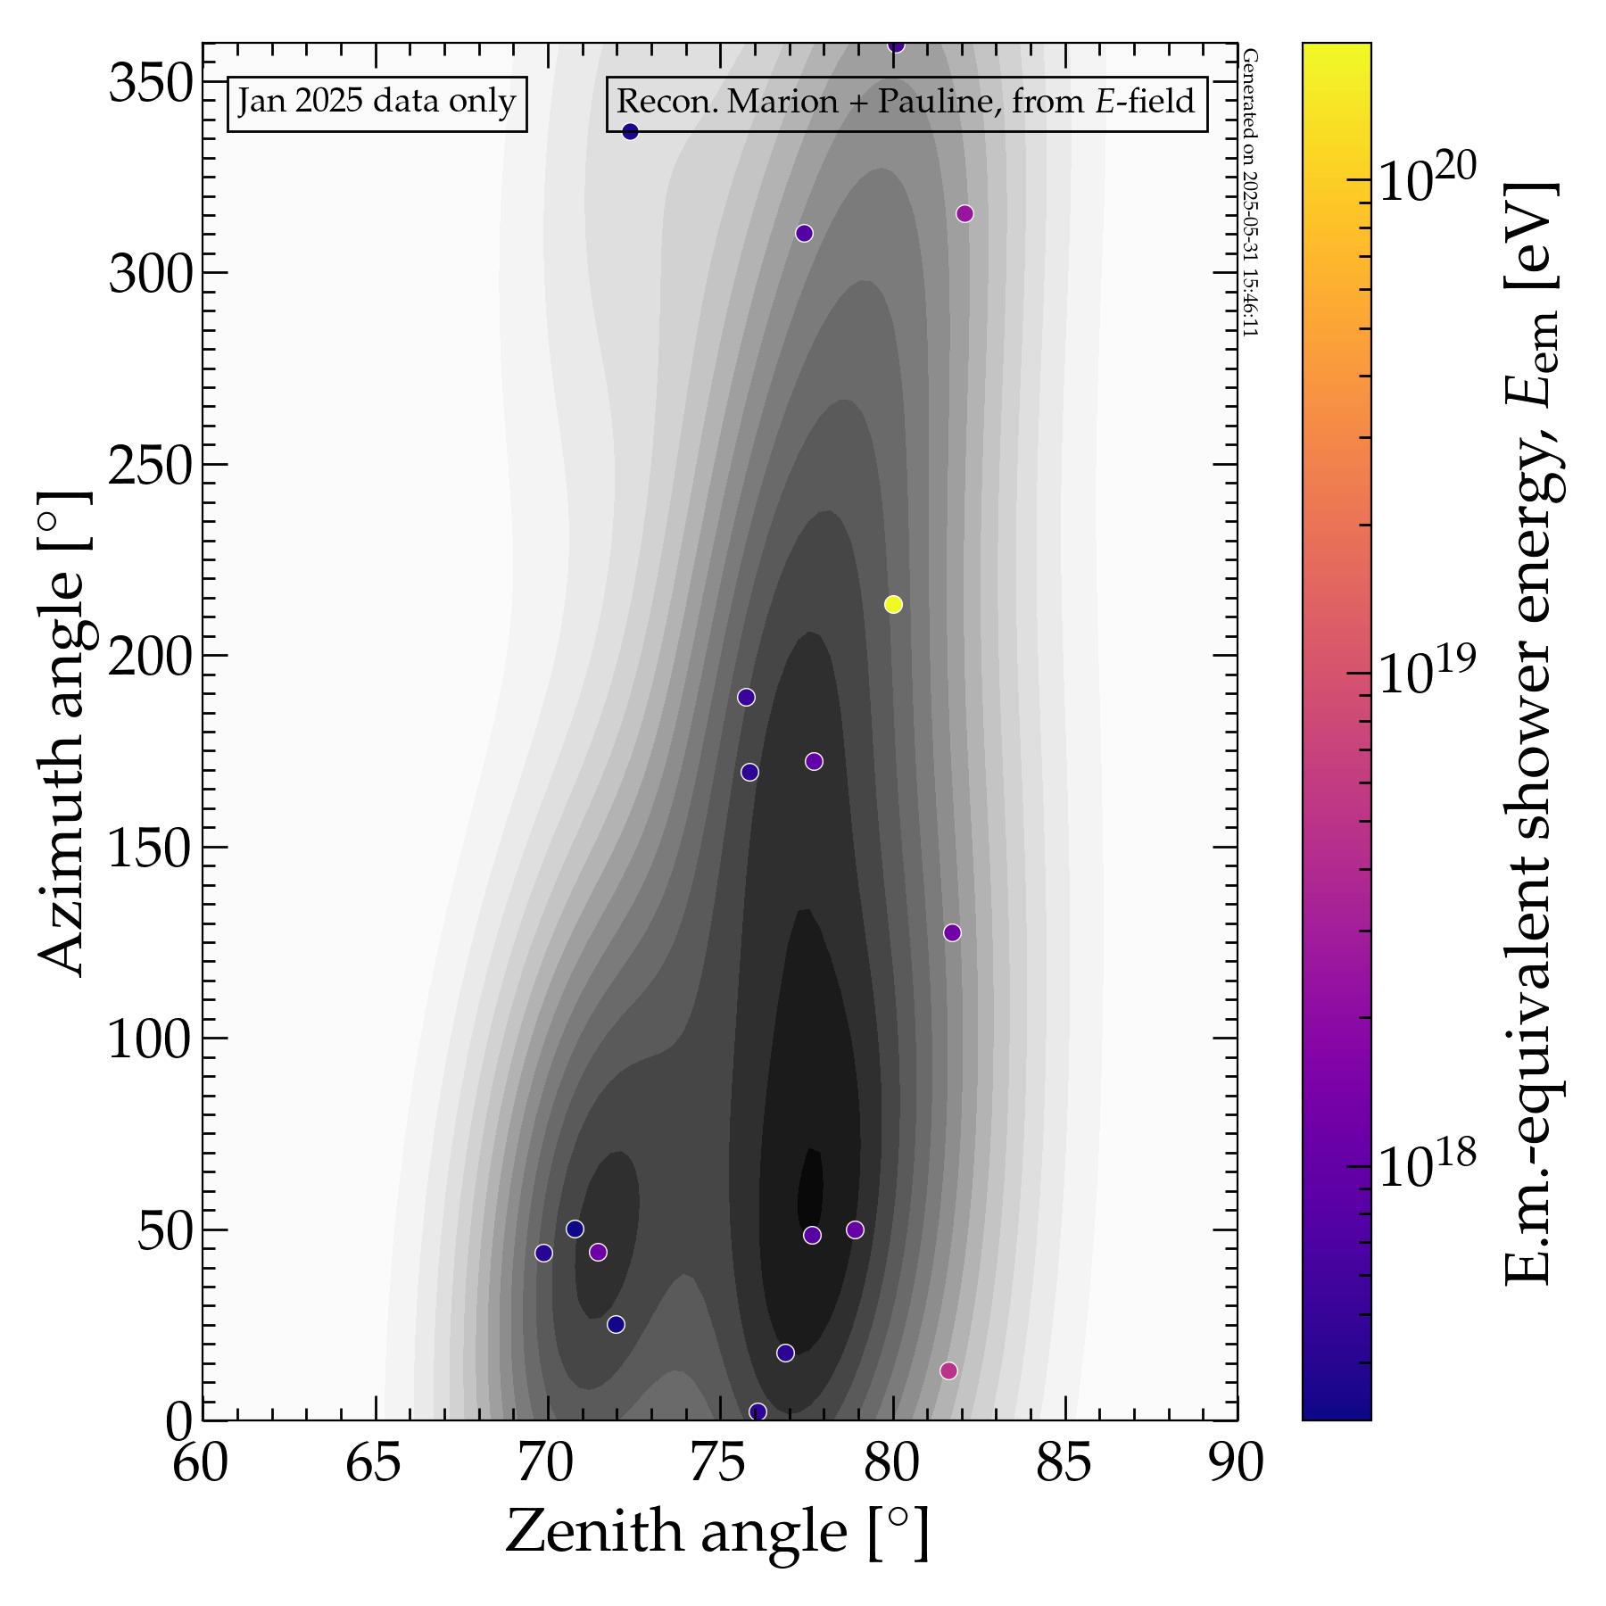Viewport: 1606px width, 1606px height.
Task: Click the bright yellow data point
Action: [x=893, y=605]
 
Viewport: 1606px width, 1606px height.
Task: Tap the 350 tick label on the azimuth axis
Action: [x=150, y=86]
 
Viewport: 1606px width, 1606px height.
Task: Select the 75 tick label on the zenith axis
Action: [x=719, y=1464]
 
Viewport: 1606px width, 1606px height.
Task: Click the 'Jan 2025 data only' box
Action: [x=377, y=103]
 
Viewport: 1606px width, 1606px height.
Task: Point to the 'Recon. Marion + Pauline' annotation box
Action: [x=906, y=103]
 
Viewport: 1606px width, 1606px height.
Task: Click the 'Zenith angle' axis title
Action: [x=717, y=1532]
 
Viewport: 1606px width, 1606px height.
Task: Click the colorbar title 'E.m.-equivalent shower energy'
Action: [x=1531, y=732]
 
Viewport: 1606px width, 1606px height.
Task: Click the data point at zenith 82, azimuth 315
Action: [x=964, y=214]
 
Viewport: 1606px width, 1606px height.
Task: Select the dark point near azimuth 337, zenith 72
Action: [x=630, y=132]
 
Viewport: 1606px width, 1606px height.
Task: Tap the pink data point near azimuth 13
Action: [x=948, y=1370]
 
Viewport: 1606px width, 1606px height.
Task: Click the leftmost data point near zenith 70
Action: [x=543, y=1253]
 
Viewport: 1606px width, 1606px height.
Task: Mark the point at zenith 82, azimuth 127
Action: [x=952, y=932]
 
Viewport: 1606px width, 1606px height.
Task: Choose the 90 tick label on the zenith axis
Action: [x=1237, y=1464]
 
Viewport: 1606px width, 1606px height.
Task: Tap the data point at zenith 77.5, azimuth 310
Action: [x=804, y=234]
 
